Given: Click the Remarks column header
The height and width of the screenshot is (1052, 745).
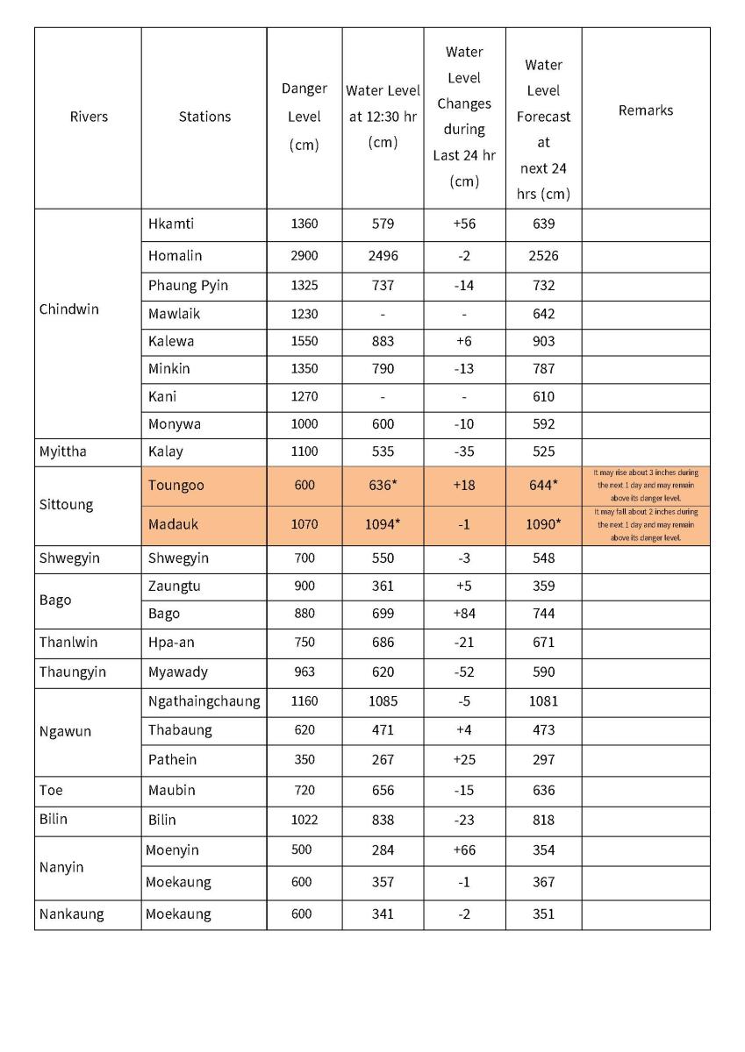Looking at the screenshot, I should tap(645, 110).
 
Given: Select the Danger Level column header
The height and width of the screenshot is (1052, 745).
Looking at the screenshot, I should tap(304, 117).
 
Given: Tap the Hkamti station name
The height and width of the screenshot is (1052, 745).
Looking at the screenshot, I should tap(171, 224).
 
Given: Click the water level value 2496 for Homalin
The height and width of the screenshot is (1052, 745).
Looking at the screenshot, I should tap(383, 256).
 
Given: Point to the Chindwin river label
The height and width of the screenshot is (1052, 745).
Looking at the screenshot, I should tap(69, 309).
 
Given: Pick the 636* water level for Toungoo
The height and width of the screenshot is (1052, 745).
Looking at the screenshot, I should tap(383, 486).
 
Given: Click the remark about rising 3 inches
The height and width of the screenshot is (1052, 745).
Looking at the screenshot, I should tap(646, 485).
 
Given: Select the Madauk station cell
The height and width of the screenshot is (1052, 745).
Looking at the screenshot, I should tap(174, 524).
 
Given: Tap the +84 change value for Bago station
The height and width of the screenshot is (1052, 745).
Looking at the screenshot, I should tap(464, 614).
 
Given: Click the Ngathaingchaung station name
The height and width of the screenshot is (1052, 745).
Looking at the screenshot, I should tap(204, 701).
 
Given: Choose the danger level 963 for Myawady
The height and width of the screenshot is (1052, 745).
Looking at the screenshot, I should tap(304, 672).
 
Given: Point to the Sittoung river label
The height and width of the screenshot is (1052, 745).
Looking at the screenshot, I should tap(66, 505).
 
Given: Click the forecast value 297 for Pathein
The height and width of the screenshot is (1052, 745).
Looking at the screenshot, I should tap(543, 759).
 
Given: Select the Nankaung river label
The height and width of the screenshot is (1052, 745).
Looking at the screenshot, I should tap(71, 914).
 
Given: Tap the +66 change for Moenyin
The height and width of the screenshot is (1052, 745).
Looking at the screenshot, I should tap(464, 850).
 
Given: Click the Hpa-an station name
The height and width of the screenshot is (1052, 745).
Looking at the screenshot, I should tap(171, 643).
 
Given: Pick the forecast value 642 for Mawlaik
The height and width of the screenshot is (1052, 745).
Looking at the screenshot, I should tap(543, 314).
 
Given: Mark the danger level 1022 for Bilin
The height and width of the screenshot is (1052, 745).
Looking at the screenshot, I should tap(304, 820).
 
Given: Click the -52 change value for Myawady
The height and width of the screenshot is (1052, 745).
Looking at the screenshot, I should tap(464, 672).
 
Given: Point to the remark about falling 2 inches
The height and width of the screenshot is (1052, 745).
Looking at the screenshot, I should tap(646, 524).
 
